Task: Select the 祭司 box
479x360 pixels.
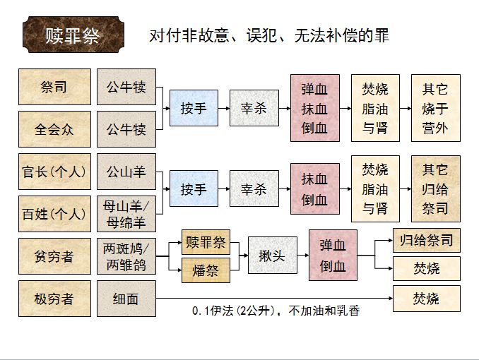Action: (54, 87)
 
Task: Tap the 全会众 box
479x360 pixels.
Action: (54, 129)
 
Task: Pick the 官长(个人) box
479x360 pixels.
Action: (54, 172)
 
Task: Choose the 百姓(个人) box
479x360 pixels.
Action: (54, 214)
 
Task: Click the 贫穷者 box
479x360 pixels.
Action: (54, 256)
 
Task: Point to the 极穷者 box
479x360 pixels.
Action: (54, 299)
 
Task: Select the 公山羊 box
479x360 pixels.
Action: (126, 172)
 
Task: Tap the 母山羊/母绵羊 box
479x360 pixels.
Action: (126, 214)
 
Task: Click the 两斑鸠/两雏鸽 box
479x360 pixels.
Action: (126, 256)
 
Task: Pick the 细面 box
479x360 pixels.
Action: (126, 299)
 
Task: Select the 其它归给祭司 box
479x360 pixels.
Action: (435, 189)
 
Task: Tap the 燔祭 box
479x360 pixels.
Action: (206, 270)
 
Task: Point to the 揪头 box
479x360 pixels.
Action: (272, 256)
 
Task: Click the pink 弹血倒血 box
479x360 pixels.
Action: (333, 256)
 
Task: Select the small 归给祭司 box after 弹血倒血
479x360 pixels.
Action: (426, 241)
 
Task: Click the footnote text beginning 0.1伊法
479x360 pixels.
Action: (276, 311)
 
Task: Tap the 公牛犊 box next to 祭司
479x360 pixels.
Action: (126, 87)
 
